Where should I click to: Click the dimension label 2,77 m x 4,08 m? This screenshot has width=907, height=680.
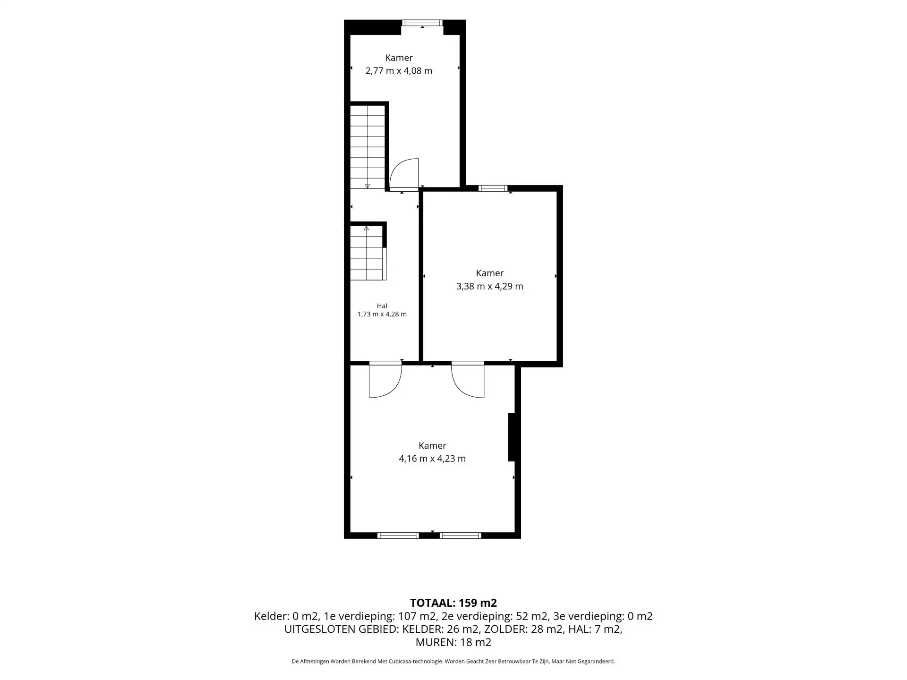pos(399,71)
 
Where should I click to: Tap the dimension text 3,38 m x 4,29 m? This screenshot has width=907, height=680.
pos(490,286)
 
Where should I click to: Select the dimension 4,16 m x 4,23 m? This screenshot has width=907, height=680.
pos(432,459)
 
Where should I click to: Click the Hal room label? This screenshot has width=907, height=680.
pos(382,306)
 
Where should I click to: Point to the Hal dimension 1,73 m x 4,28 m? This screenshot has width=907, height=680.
pos(382,314)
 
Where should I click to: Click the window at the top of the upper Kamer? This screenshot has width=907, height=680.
pos(422,23)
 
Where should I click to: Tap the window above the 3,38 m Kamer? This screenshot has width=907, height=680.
pos(493,188)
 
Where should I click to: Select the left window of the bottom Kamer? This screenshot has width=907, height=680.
pos(398,535)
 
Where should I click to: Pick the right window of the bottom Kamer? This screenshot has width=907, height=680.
pos(461,535)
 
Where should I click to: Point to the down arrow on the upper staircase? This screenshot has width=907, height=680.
pos(368,186)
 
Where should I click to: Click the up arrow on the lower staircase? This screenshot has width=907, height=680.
pos(366,228)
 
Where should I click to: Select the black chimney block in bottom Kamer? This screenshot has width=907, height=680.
pos(511,437)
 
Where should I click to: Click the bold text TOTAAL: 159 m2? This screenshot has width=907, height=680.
pos(453,603)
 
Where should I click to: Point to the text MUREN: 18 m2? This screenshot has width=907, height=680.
pos(453,642)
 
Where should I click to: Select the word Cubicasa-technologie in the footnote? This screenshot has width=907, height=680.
pos(416,662)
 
